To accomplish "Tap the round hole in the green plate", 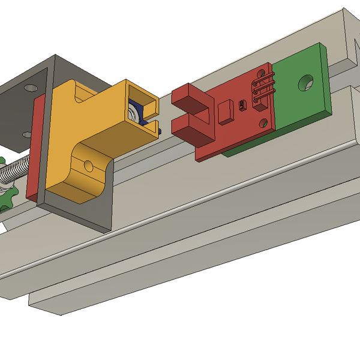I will click(306, 82).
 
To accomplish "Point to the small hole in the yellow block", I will click(88, 165).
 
